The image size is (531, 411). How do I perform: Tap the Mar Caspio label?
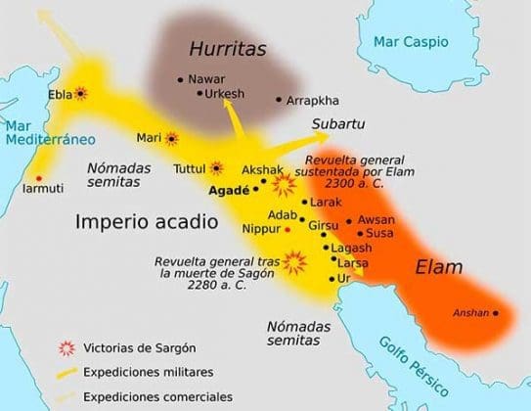(410, 42)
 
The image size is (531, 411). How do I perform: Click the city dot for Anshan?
(496, 313)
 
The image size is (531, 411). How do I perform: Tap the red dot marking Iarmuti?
(38, 177)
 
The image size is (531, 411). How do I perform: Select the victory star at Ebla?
(80, 93)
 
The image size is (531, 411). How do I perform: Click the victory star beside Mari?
(172, 139)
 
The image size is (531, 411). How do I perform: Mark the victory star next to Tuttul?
(217, 168)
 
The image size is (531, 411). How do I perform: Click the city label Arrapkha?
(313, 100)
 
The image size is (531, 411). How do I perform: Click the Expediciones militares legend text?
(148, 372)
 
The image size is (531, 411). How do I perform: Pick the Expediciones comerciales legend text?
(156, 396)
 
